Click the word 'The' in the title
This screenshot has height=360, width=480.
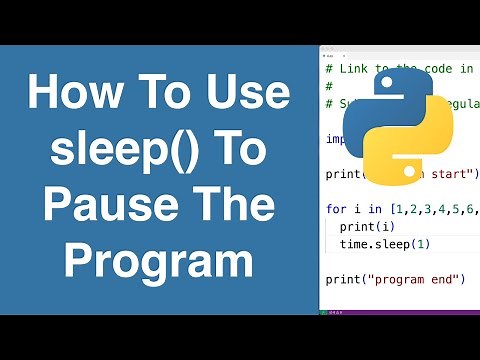pyautogui.click(x=234, y=207)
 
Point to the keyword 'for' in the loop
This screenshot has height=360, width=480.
pyautogui.click(x=337, y=209)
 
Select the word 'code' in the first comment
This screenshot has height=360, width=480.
pyautogui.click(x=433, y=68)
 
